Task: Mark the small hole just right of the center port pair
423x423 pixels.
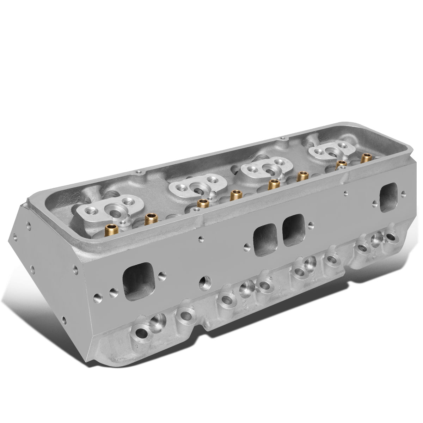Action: pyautogui.click(x=311, y=223)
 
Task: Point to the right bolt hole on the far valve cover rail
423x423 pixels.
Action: pyautogui.click(x=281, y=139)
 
